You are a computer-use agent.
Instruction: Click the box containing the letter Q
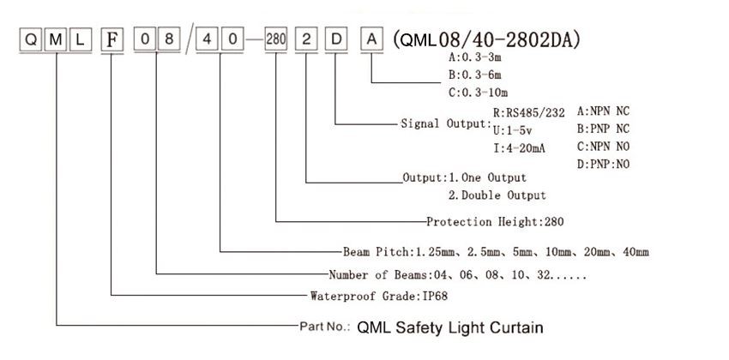coord(31,40)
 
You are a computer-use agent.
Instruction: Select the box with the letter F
coord(112,40)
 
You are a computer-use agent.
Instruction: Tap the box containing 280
coord(275,40)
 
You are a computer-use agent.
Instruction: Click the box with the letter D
coord(336,40)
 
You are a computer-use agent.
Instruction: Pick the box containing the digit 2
coord(306,40)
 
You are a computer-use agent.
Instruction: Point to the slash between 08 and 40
coord(189,40)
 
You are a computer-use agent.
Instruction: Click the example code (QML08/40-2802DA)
coord(485,40)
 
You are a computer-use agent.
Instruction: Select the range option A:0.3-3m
coord(475,57)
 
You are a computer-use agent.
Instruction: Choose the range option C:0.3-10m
coord(478,93)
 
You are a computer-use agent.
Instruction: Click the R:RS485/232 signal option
coord(529,113)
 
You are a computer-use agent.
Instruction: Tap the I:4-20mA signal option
coord(520,148)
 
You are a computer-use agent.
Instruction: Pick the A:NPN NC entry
coord(603,111)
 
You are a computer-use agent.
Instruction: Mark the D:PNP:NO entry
coord(603,164)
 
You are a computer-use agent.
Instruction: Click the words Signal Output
coord(445,124)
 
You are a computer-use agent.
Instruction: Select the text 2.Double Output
coord(497,195)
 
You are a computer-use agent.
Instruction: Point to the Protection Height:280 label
coord(495,222)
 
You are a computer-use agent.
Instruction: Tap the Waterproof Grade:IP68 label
coord(379,296)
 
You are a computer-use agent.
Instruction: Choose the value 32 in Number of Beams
coord(544,275)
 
